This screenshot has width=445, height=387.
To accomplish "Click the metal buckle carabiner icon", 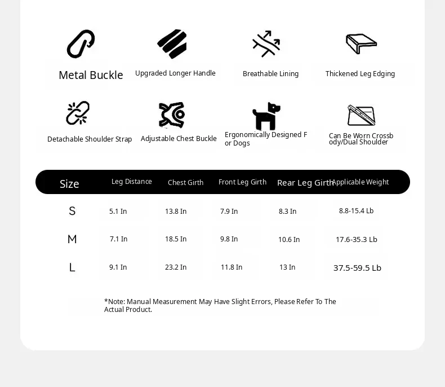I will pyautogui.click(x=81, y=44).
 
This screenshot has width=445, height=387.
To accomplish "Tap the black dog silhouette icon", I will pyautogui.click(x=266, y=116).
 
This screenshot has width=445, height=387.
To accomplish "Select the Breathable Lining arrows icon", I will pyautogui.click(x=266, y=44).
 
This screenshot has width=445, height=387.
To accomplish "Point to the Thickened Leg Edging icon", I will pyautogui.click(x=361, y=43).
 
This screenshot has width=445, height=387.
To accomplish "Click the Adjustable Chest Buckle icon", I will pyautogui.click(x=172, y=115).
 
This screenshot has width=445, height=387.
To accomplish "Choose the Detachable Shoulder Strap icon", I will pyautogui.click(x=78, y=113).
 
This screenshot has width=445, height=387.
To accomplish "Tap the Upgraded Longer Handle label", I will pyautogui.click(x=175, y=73).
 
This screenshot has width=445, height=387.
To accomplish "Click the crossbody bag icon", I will pyautogui.click(x=361, y=116).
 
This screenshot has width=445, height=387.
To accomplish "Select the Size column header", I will pyautogui.click(x=69, y=184).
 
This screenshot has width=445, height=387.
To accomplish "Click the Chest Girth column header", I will pyautogui.click(x=185, y=182).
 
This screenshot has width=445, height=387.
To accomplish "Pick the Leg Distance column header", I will pyautogui.click(x=131, y=182).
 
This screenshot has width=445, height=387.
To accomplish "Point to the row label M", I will pyautogui.click(x=72, y=239).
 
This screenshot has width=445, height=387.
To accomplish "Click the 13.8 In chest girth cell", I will pyautogui.click(x=176, y=212).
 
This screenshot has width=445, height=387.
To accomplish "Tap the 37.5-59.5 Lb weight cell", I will pyautogui.click(x=357, y=268).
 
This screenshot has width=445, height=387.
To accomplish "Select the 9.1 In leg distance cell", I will pyautogui.click(x=118, y=267).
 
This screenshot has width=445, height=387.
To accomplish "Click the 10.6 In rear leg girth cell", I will pyautogui.click(x=289, y=240).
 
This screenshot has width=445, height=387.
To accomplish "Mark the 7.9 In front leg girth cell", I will pyautogui.click(x=229, y=212).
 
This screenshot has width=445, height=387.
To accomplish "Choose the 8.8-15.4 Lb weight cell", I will pyautogui.click(x=356, y=211).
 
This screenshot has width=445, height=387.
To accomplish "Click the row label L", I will pyautogui.click(x=72, y=267).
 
